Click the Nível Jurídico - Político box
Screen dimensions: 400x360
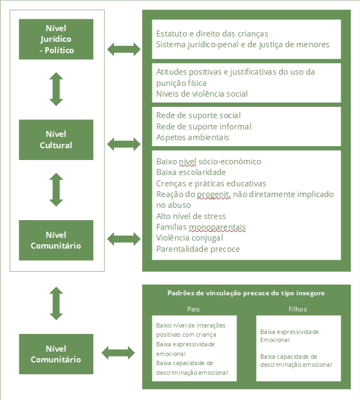tap(56, 39)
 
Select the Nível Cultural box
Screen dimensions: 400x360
tap(56, 140)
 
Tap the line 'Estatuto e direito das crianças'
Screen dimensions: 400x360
tap(212, 34)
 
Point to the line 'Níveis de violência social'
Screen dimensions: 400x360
tap(202, 94)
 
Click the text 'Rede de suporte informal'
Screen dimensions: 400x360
tap(203, 127)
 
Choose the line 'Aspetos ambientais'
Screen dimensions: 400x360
tap(193, 137)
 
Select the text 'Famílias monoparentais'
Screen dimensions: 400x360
tap(201, 227)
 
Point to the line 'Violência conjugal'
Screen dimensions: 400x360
tap(189, 238)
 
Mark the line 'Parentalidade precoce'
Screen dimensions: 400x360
tap(198, 249)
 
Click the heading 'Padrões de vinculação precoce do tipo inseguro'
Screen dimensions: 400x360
tap(246, 293)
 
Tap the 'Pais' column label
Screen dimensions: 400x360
tap(194, 309)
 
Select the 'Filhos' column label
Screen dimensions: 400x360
tap(297, 309)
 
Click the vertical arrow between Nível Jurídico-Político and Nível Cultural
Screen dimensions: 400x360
tap(56, 89)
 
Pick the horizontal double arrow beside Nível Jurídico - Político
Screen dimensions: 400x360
tap(124, 49)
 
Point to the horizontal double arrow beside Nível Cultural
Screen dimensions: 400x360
tap(124, 143)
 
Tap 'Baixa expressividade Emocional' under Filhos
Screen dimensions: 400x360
tap(289, 336)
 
